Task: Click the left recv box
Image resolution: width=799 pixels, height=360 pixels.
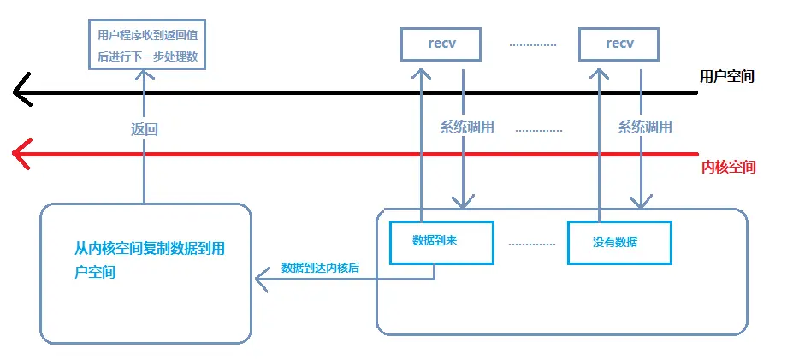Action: point(441,44)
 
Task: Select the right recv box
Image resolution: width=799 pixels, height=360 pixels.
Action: point(619,44)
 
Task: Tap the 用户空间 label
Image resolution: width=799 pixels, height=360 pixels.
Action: point(727,76)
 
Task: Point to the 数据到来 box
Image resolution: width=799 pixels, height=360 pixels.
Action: point(441,241)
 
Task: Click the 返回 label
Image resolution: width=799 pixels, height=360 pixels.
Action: point(145,130)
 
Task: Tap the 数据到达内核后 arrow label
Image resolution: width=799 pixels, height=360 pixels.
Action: point(320,268)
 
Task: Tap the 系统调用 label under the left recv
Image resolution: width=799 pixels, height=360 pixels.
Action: point(467,127)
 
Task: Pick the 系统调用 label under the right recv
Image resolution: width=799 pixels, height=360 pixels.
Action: point(644,127)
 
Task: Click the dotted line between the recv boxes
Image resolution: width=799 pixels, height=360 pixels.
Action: point(533,44)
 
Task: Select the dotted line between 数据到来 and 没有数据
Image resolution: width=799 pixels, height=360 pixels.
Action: point(531,243)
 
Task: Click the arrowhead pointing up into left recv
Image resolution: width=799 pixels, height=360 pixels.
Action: point(421,72)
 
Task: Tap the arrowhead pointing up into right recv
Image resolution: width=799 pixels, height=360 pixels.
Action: point(599,72)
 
